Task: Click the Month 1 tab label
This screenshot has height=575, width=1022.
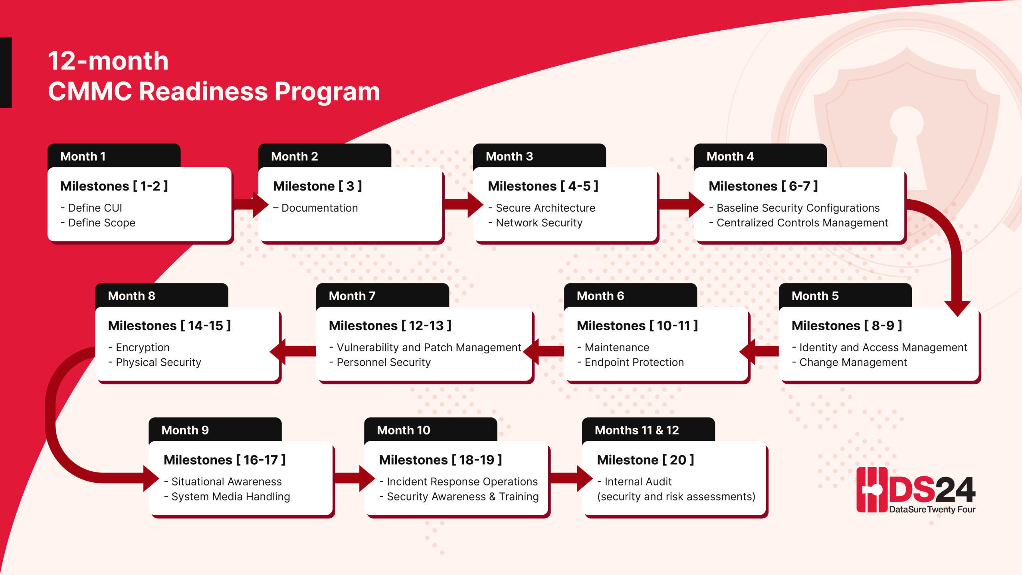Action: (x=83, y=156)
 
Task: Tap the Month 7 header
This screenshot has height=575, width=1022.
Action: (x=352, y=296)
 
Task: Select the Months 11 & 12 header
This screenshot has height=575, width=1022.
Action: (x=636, y=430)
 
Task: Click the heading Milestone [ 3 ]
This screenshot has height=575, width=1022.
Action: (x=317, y=186)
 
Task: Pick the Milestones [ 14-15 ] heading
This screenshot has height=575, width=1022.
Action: (x=169, y=326)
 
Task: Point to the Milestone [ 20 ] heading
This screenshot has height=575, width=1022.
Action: (x=645, y=460)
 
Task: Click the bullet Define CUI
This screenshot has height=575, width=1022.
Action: (x=95, y=208)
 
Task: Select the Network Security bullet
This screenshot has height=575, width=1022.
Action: (x=539, y=223)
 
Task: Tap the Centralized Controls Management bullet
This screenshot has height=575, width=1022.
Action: (x=802, y=223)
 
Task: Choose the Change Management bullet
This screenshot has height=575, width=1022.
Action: (x=853, y=363)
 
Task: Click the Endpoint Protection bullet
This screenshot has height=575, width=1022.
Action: (x=634, y=363)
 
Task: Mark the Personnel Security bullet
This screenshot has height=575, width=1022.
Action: (x=383, y=363)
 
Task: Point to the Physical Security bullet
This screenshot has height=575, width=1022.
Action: (x=158, y=363)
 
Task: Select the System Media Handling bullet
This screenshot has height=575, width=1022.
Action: (x=230, y=497)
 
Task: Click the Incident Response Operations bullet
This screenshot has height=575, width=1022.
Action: (x=462, y=482)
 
